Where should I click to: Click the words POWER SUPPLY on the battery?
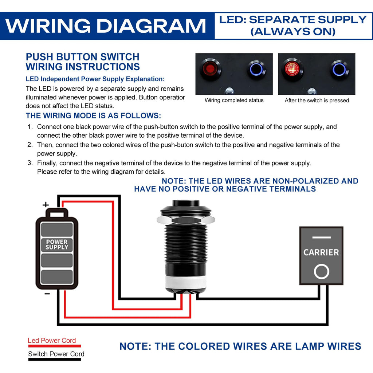(57, 244)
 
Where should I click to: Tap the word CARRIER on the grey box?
(321, 252)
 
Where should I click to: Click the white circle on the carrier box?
(321, 271)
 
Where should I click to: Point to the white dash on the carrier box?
(321, 237)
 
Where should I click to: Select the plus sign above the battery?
(46, 205)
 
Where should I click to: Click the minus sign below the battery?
(47, 294)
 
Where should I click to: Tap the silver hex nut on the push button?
(185, 220)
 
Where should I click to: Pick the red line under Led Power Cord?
(55, 346)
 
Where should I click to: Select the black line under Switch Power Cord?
(55, 359)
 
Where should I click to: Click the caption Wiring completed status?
(234, 101)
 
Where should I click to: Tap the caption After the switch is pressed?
(317, 101)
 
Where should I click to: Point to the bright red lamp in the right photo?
(292, 69)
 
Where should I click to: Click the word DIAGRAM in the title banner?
(152, 26)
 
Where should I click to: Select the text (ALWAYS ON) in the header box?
(293, 32)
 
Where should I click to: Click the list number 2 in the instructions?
(30, 145)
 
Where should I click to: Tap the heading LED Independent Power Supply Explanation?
(95, 79)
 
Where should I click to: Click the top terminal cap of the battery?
(57, 213)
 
